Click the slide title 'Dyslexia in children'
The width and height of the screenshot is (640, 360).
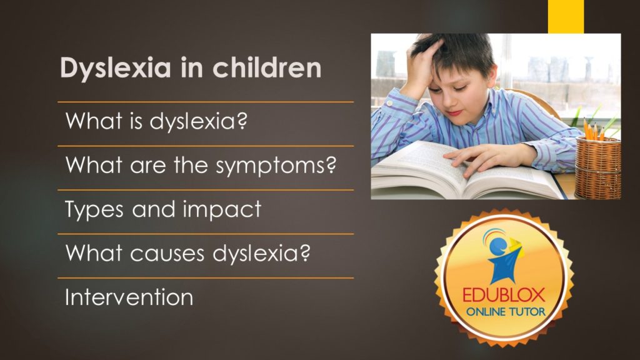(x=191, y=68)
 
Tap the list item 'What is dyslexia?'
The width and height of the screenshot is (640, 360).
(x=156, y=121)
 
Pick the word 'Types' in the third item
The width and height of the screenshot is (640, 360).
(x=94, y=210)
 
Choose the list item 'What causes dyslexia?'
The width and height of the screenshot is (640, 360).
(x=187, y=253)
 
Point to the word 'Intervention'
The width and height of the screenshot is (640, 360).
(x=129, y=297)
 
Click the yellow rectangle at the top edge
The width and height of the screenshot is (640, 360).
(x=566, y=16)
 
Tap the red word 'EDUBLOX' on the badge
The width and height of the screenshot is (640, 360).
(x=504, y=295)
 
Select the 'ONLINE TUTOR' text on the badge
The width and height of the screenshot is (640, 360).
(x=506, y=312)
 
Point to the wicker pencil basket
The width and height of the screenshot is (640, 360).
(x=598, y=167)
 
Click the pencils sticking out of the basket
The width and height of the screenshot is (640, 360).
(x=594, y=129)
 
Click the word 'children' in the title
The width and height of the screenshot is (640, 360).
(x=267, y=67)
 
